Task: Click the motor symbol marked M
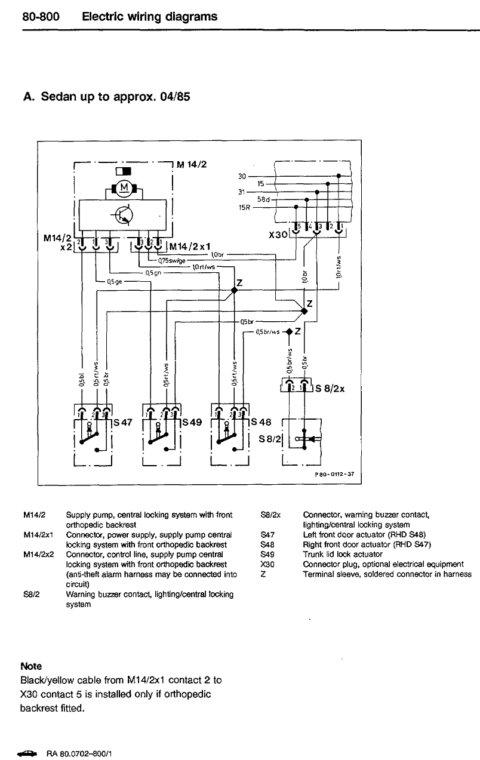point(125,189)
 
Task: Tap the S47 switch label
point(122,422)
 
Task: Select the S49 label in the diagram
point(192,422)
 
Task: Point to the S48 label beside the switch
point(261,422)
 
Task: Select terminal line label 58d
point(263,199)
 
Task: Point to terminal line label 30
point(242,176)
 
